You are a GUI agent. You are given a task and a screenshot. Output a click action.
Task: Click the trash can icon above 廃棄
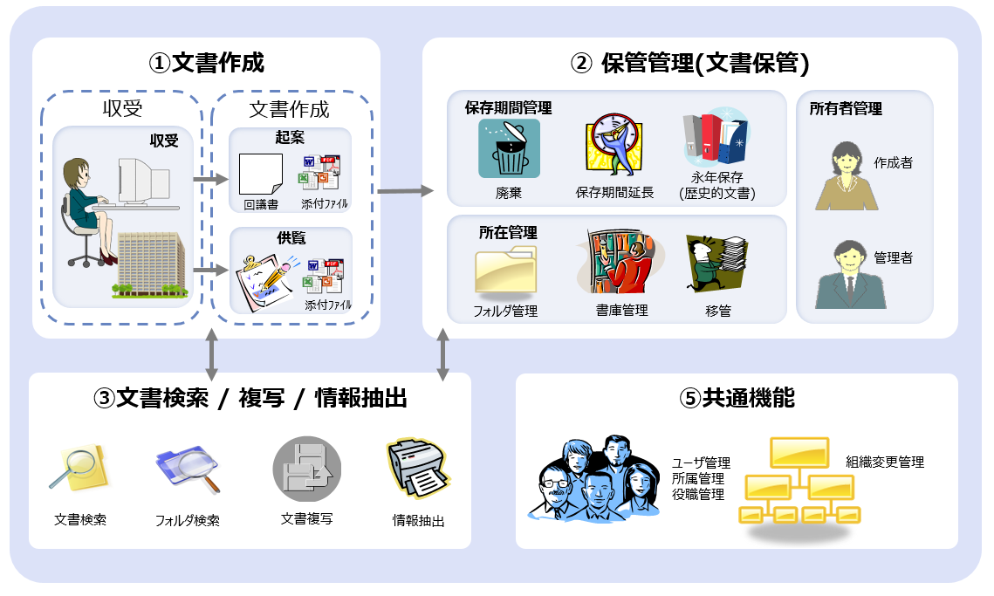click(509, 149)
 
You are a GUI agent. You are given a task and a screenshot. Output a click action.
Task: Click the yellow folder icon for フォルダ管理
click(506, 270)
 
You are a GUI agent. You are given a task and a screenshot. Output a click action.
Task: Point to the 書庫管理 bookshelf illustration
click(619, 264)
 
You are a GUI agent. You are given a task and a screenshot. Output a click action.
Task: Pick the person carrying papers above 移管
click(717, 263)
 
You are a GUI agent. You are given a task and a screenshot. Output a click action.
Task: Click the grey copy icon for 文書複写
click(306, 470)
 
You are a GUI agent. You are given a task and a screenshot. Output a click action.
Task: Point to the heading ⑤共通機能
click(737, 398)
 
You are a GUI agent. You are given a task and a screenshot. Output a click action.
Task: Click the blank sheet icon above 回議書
click(261, 175)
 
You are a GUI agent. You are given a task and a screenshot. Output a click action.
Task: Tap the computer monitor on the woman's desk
click(146, 182)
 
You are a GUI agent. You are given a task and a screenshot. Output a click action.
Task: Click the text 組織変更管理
click(884, 462)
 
